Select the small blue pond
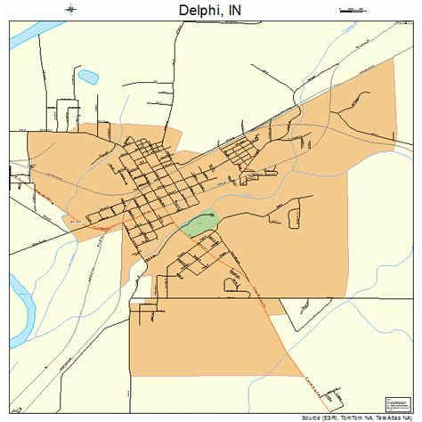[x=88, y=77]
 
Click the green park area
[x=200, y=223]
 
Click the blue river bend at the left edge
[x=22, y=312]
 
